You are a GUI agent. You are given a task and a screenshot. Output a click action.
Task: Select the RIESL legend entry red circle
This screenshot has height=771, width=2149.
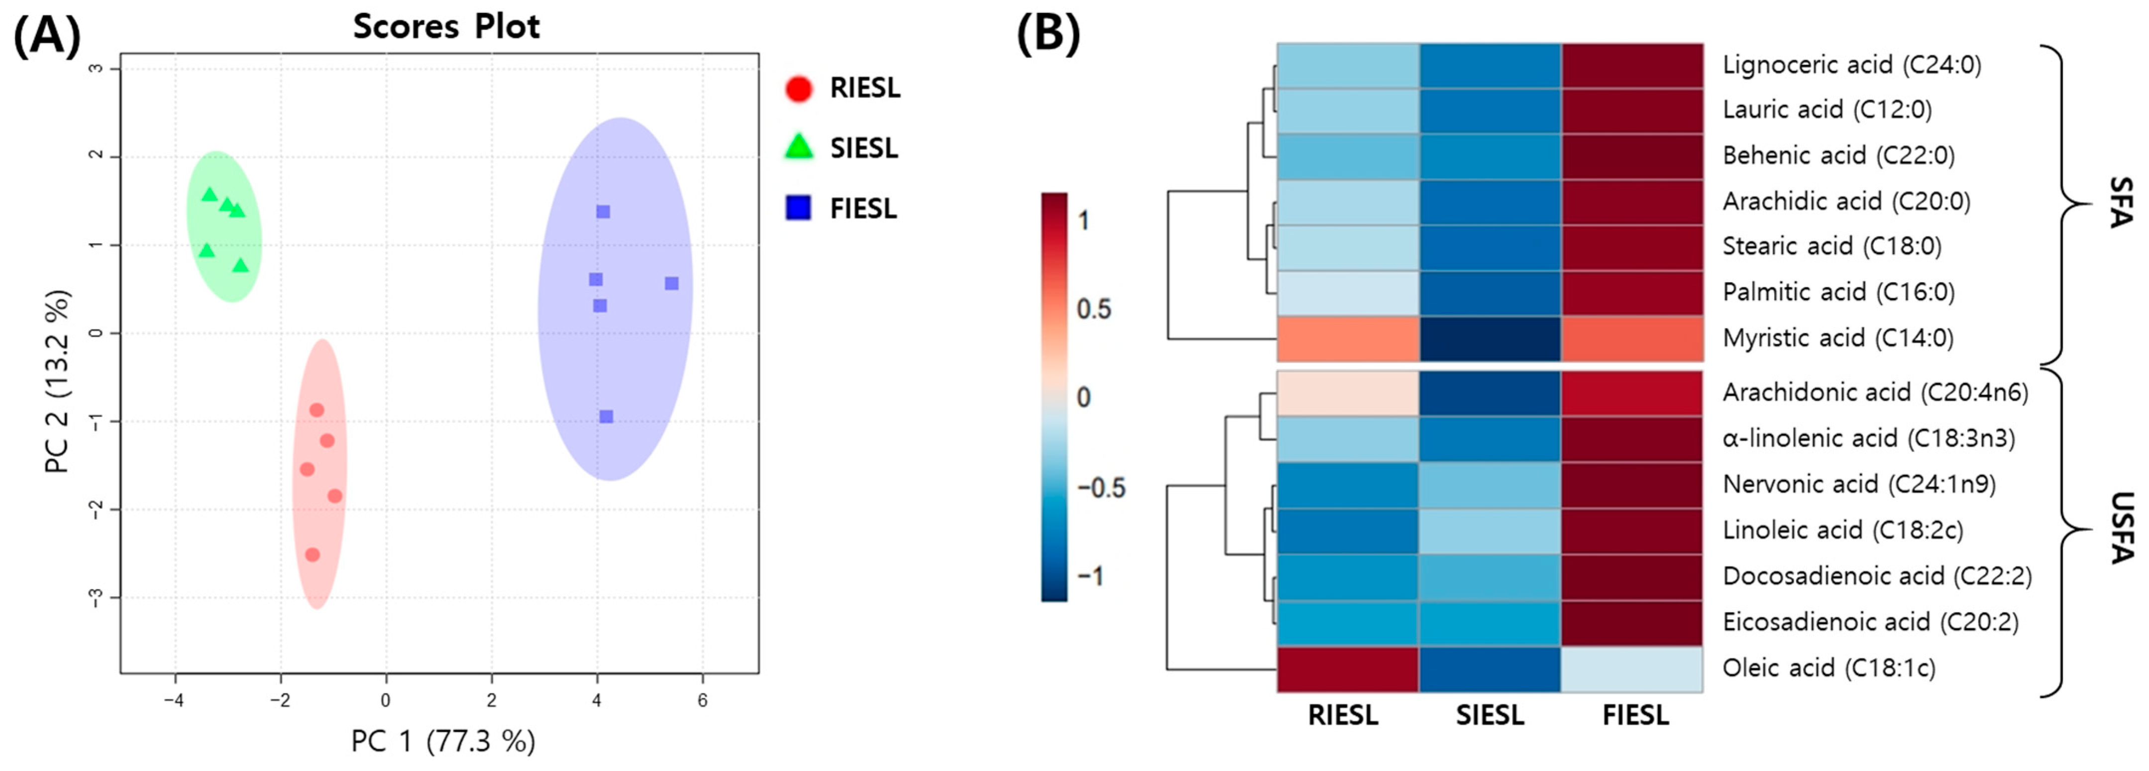[798, 89]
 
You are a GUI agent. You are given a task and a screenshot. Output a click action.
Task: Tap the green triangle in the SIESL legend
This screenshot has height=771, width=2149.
[798, 148]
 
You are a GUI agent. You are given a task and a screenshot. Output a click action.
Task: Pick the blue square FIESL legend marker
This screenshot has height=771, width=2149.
[798, 208]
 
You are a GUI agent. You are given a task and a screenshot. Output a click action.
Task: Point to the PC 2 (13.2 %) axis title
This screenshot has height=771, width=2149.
[57, 381]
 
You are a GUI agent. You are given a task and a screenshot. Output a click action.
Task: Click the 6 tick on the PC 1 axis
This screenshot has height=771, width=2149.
[702, 701]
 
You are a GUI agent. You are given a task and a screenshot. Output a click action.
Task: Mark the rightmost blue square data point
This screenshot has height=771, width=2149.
[671, 284]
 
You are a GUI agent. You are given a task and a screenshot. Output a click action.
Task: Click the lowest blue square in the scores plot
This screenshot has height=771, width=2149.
[607, 417]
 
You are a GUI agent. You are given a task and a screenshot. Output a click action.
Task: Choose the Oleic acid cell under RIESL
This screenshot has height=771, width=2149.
[1347, 669]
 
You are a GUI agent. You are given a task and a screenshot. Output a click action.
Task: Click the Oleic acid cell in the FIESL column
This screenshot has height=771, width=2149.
[1632, 669]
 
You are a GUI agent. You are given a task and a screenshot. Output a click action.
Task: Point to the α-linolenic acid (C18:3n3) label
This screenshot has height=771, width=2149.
[1868, 438]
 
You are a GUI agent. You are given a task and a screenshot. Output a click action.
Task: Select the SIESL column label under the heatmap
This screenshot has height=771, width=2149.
[1490, 716]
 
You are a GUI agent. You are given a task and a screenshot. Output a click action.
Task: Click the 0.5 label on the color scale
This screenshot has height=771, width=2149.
[1094, 310]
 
